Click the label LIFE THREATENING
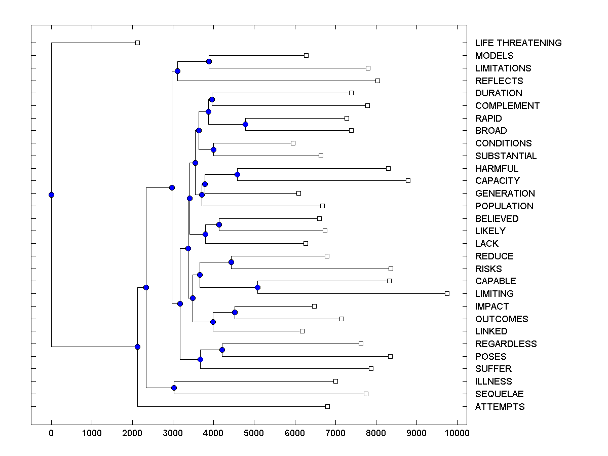coord(518,43)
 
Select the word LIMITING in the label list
coord(494,294)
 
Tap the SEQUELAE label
coord(499,394)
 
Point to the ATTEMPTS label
coord(500,407)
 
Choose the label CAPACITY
coord(497,181)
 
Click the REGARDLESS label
coord(506,344)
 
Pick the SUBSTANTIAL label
coord(506,156)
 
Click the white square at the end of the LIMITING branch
coord(447,293)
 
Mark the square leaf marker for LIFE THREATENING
coord(137,43)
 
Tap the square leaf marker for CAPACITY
coord(408,180)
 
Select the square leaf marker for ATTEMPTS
coord(327,406)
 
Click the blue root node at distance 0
coord(51,195)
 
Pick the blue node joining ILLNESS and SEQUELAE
coord(174,388)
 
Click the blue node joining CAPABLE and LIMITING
coord(257,287)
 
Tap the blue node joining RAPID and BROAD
coord(245,124)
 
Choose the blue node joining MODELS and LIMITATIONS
coord(209,61)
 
